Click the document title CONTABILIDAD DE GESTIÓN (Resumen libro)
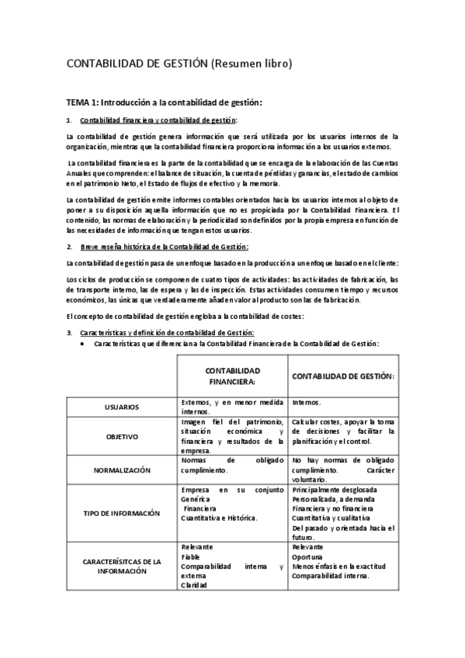179,64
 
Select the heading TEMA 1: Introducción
165,102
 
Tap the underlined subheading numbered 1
159,119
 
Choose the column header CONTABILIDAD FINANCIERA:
232,376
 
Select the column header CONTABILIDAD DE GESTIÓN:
343,376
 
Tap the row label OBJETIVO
122,437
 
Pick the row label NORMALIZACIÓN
122,470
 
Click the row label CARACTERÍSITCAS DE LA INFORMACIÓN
122,566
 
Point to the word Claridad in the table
194,586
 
